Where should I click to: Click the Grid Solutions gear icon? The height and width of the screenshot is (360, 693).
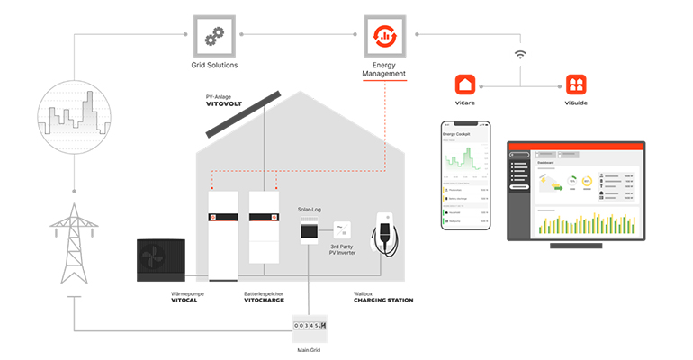coord(214,36)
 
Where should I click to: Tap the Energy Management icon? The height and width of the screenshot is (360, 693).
coord(384,36)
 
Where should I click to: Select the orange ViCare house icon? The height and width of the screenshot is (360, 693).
coord(466,85)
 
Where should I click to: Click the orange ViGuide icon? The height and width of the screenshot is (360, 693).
coord(576,85)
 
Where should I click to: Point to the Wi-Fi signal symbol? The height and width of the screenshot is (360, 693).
coord(520,55)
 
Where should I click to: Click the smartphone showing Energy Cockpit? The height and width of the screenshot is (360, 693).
coord(466,175)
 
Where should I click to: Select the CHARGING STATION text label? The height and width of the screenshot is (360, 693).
coord(383,300)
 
